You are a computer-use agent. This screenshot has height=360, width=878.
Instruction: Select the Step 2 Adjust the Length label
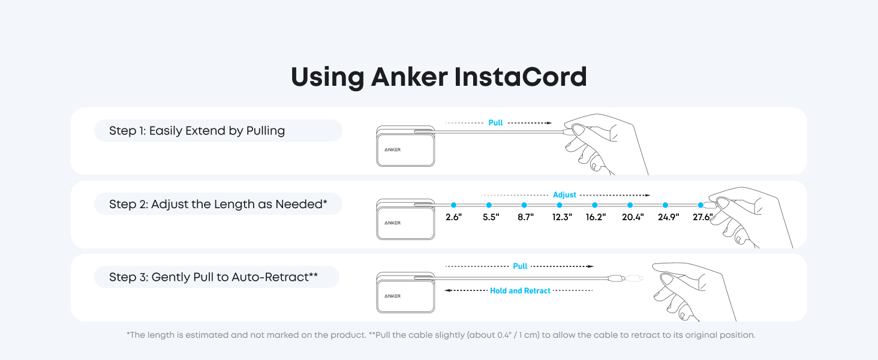click(218, 204)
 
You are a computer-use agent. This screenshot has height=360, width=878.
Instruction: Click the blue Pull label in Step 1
click(495, 123)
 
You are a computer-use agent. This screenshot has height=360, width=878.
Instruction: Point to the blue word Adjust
click(564, 195)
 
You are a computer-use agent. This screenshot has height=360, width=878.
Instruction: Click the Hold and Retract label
click(520, 291)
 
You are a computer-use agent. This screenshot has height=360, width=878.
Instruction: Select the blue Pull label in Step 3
click(520, 266)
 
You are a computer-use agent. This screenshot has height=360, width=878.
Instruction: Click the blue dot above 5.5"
click(489, 205)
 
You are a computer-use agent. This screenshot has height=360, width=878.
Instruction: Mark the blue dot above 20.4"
click(630, 205)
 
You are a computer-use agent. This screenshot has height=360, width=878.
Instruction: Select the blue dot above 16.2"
click(595, 205)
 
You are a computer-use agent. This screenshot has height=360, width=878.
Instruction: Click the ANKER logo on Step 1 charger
click(392, 149)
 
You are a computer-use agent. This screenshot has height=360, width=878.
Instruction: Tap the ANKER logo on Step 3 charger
click(392, 296)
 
